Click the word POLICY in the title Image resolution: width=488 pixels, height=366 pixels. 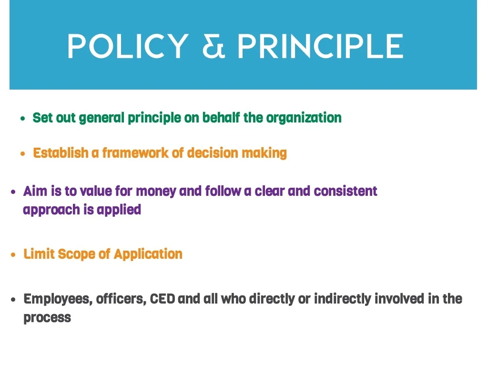(128, 46)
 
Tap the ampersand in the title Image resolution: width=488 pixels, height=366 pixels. (213, 46)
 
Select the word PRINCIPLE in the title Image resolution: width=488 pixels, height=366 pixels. (321, 46)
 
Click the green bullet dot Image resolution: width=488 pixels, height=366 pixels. (23, 119)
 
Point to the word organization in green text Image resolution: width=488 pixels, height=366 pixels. (304, 118)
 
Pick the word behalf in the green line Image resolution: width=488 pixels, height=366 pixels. (221, 118)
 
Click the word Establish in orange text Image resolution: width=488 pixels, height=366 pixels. (61, 153)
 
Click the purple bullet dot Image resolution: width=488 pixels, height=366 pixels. (13, 192)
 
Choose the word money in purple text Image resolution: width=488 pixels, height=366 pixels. (156, 192)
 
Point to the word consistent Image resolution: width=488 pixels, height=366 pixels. (346, 191)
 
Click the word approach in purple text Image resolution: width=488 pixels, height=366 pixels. (51, 210)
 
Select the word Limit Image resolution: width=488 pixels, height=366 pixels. (39, 254)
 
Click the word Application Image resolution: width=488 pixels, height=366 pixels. (148, 254)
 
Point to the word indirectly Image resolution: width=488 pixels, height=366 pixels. (343, 299)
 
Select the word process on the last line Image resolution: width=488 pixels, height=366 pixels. (47, 318)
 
